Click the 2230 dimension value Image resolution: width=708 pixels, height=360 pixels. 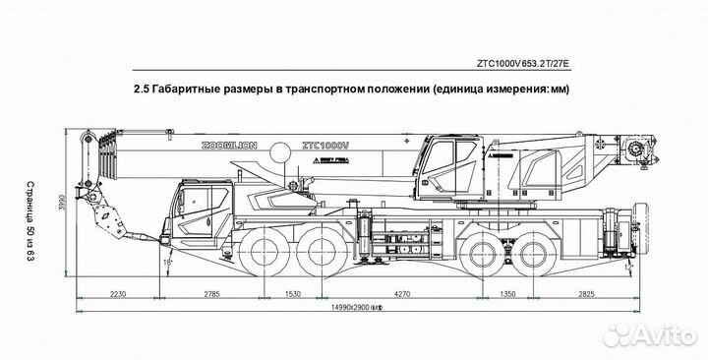pyautogui.click(x=118, y=294)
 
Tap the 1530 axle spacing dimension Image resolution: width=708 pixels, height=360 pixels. pyautogui.click(x=291, y=294)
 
